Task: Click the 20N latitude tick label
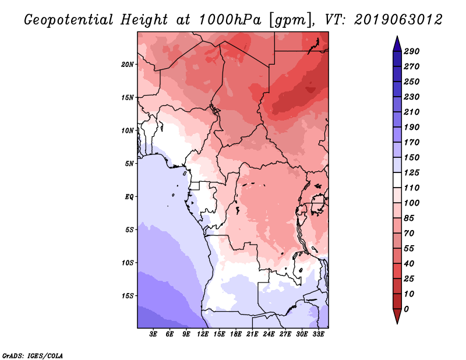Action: [128, 64]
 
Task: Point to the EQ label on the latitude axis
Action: [129, 197]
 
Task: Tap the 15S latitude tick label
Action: [128, 296]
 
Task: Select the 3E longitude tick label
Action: [153, 334]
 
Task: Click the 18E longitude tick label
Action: [236, 334]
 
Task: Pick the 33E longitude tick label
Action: [318, 334]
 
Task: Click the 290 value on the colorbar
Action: [412, 51]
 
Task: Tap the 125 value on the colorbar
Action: [412, 172]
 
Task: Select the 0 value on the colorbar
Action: [406, 309]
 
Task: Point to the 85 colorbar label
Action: [409, 218]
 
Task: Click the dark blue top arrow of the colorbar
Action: [397, 44]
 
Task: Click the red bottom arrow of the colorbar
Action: [397, 316]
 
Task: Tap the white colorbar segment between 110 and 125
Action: [397, 180]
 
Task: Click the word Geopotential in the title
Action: [69, 20]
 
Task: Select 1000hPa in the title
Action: [230, 20]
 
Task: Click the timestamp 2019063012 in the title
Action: [398, 20]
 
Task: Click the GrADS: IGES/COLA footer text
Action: [33, 355]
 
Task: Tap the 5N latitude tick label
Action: [129, 164]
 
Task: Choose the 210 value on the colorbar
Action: [412, 112]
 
